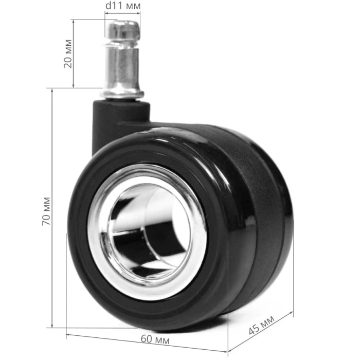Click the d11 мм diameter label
tap(123, 6)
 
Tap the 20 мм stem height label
tap(68, 53)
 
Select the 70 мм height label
tap(46, 211)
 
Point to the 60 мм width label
tap(155, 339)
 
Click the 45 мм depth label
tap(261, 326)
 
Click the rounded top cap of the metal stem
tap(123, 29)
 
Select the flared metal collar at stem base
tap(122, 94)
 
